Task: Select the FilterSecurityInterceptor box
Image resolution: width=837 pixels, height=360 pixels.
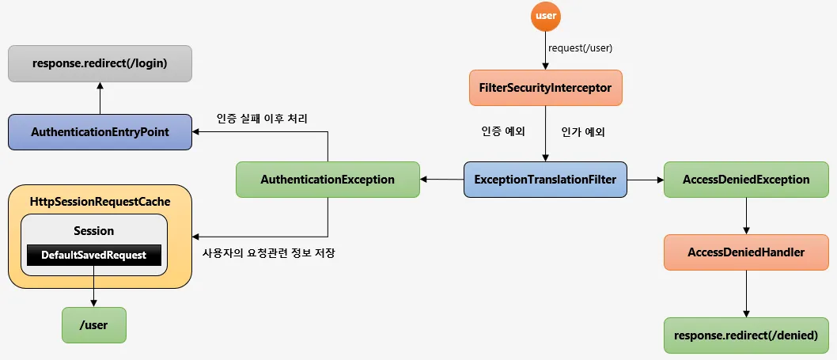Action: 546,88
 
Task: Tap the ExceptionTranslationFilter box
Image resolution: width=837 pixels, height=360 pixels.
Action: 545,180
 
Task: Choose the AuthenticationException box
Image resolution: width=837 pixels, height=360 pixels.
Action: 328,180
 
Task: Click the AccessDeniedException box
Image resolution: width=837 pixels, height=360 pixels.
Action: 746,180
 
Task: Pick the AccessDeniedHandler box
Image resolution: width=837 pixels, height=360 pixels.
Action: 746,252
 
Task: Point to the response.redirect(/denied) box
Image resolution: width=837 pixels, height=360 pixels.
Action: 746,335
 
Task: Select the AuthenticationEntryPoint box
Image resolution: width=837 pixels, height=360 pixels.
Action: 100,132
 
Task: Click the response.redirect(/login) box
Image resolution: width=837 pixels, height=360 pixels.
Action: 100,63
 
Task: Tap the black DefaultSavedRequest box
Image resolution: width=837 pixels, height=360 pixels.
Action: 94,256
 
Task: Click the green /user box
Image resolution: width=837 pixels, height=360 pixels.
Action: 94,324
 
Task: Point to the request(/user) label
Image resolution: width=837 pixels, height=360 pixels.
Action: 580,47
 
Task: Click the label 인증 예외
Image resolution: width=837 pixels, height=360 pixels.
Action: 503,132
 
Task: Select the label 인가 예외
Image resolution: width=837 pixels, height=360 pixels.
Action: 583,132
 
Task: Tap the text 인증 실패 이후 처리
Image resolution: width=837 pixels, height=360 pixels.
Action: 262,119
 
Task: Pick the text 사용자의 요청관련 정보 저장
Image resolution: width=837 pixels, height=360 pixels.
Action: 268,253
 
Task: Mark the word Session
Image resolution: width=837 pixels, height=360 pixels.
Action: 94,231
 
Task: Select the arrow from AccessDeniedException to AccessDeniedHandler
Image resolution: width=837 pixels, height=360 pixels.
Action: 746,216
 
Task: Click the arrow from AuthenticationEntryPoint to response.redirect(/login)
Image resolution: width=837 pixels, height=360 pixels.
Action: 100,98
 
